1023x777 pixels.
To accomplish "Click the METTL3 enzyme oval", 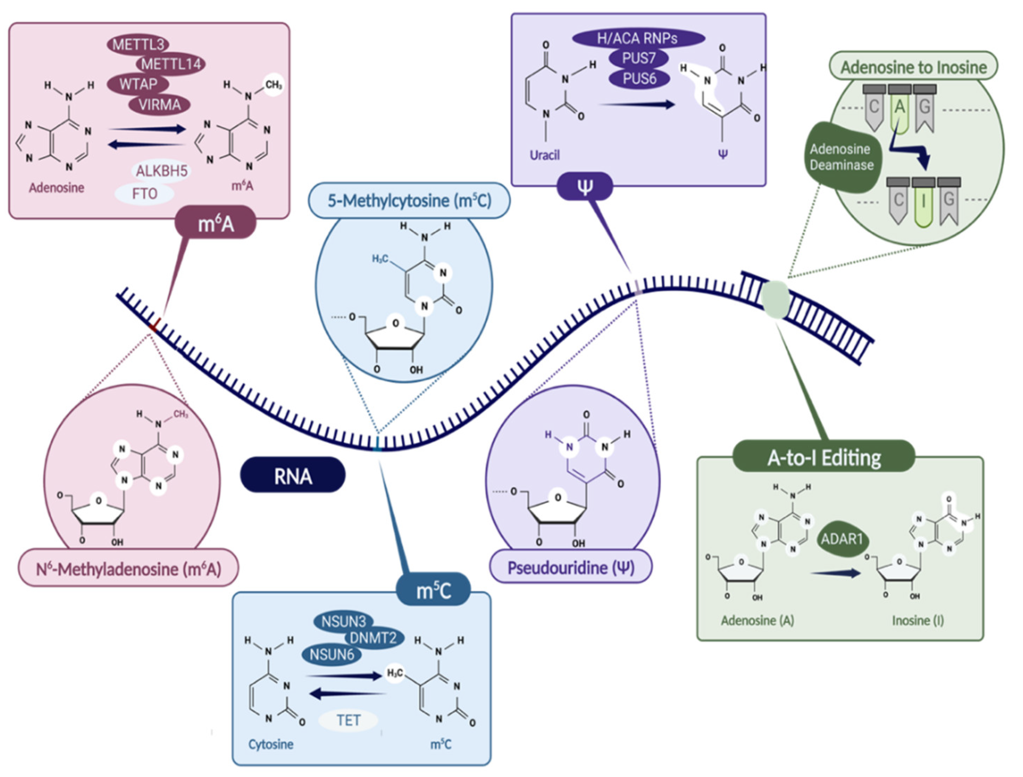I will [138, 44].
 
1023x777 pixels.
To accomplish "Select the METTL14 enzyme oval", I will [171, 64].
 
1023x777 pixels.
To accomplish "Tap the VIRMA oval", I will [159, 105].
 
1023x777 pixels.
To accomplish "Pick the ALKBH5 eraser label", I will [162, 171].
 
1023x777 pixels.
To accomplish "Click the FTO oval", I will [144, 193].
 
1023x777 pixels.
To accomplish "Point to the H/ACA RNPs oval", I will [638, 38].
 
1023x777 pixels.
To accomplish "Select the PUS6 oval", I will [639, 79].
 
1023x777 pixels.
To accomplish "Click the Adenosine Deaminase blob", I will [841, 157].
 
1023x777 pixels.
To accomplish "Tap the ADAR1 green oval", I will [842, 539].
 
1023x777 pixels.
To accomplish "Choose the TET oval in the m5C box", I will [348, 720].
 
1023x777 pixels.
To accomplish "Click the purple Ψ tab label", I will [585, 187].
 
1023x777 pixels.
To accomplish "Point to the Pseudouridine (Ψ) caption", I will [571, 568].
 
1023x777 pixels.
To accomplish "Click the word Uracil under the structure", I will [544, 155].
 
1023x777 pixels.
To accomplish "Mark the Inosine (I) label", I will [918, 620].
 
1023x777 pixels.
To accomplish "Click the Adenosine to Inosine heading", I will [913, 67].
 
